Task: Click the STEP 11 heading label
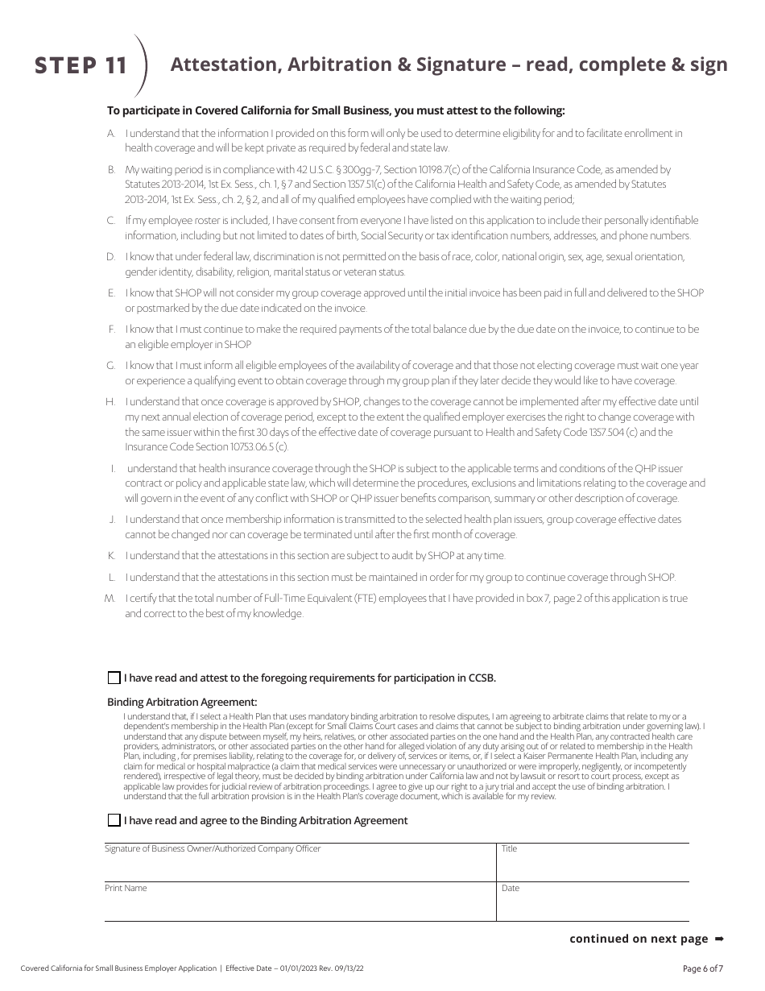click(81, 66)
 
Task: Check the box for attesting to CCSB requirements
click(114, 678)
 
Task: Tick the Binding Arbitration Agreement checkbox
click(114, 820)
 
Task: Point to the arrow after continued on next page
click(720, 939)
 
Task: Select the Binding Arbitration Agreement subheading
click(182, 702)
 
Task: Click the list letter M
click(110, 598)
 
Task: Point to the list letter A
click(111, 133)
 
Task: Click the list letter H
click(110, 401)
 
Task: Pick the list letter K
click(111, 556)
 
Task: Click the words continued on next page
click(639, 939)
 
